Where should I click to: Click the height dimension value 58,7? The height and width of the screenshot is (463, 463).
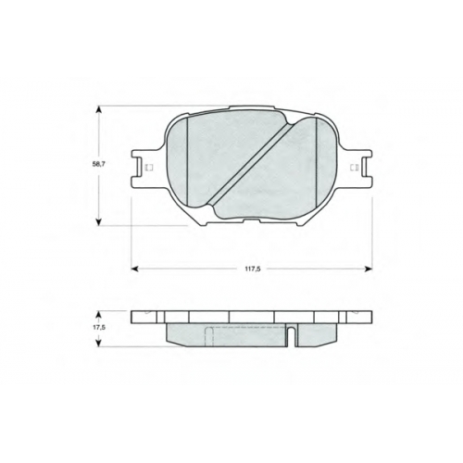click(x=99, y=165)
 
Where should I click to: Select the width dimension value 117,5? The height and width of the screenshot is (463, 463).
click(x=253, y=269)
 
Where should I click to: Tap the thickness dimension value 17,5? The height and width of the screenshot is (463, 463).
click(x=99, y=328)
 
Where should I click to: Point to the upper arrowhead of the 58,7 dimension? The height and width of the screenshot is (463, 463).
click(x=98, y=110)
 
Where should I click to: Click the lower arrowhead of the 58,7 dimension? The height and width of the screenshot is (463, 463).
click(x=98, y=221)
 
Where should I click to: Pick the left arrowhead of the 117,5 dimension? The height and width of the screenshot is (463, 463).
click(x=135, y=269)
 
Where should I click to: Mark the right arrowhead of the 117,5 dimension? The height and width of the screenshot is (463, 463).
click(x=369, y=269)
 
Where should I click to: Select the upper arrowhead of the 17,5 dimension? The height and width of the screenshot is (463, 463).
click(x=98, y=314)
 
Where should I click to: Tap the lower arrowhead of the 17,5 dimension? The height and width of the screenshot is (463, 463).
click(x=98, y=342)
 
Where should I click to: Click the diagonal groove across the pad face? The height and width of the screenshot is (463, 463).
click(x=249, y=164)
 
